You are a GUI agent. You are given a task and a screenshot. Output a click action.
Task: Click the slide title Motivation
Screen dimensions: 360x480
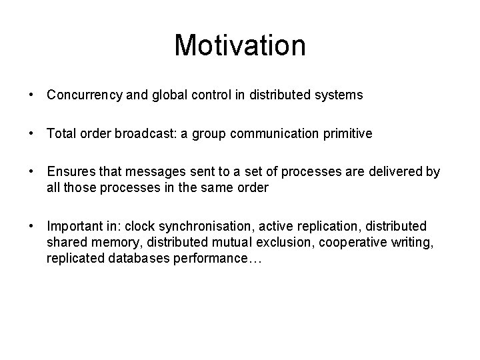click(240, 45)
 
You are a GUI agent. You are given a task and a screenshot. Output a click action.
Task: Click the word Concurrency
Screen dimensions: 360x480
click(83, 95)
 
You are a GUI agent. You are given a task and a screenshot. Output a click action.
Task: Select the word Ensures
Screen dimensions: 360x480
click(69, 173)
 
